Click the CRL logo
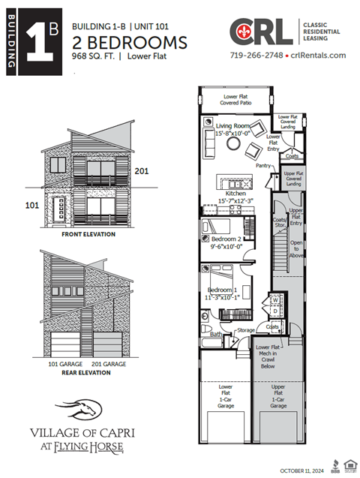coord(261,32)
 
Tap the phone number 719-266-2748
coord(256,56)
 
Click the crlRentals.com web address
coord(318,56)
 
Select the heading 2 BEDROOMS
coord(129,41)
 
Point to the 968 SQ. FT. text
coord(96,56)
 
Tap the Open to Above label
coord(295,248)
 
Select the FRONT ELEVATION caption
coord(88,234)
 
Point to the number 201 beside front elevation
coord(142,171)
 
